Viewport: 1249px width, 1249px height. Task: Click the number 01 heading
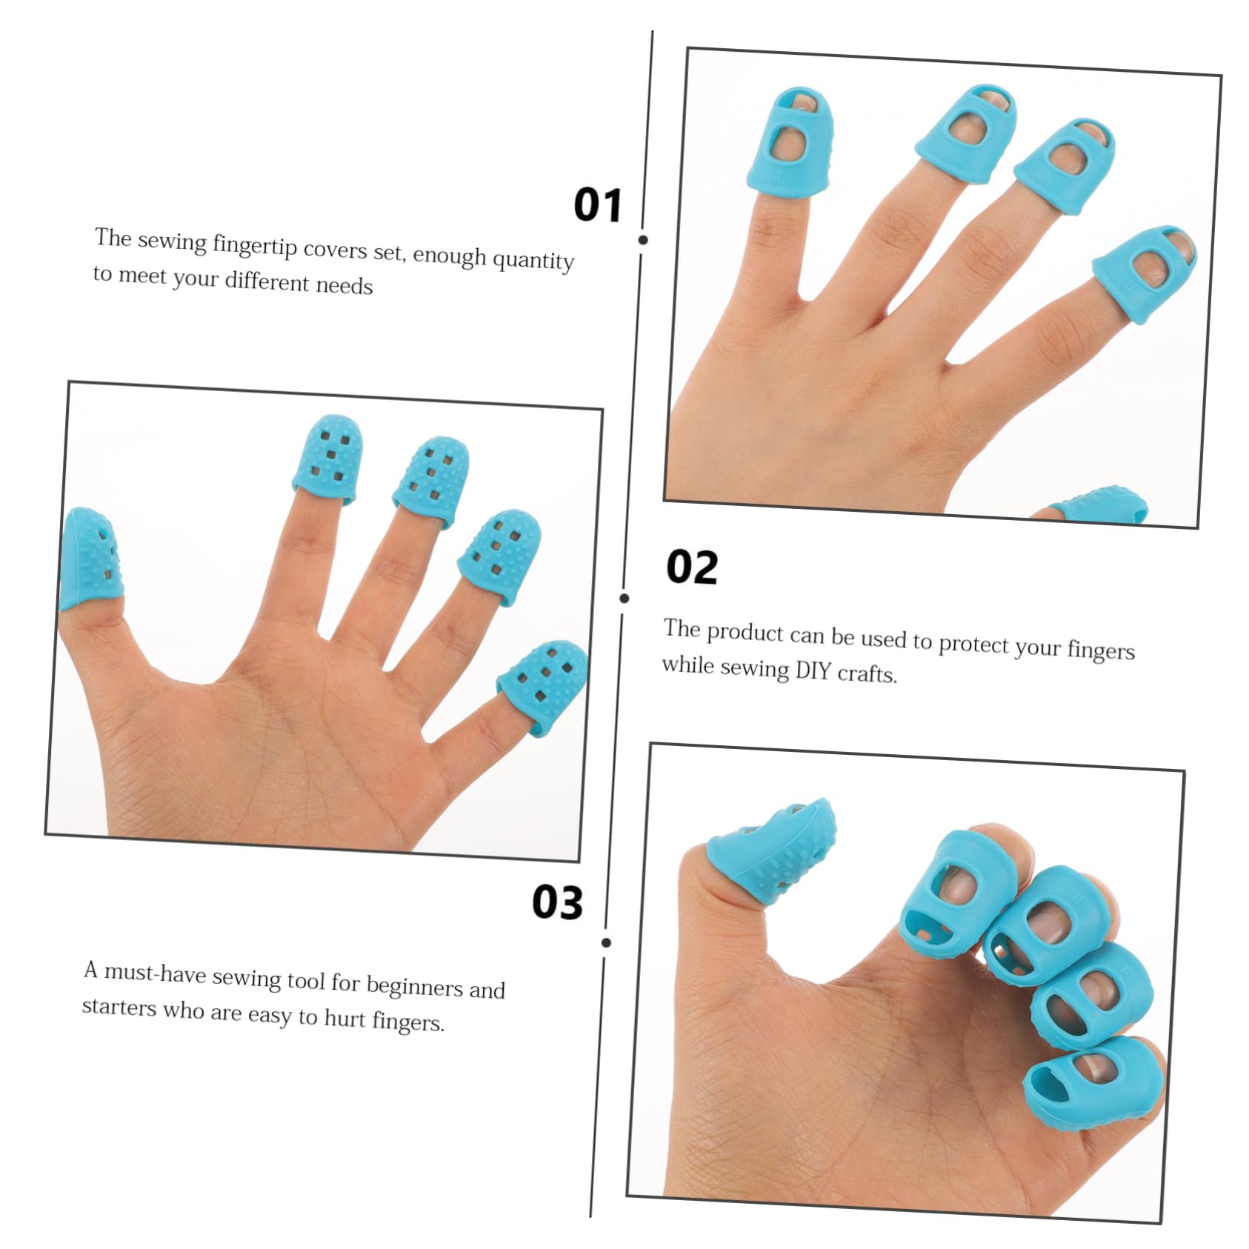(x=597, y=205)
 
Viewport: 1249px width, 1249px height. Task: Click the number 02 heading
(x=692, y=567)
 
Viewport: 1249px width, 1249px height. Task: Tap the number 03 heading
(x=557, y=902)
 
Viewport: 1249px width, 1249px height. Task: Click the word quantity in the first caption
(x=533, y=259)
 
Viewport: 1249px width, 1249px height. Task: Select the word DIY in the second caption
(x=813, y=670)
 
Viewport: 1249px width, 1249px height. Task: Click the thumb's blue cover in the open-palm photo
(x=89, y=559)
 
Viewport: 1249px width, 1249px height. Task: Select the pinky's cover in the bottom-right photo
(x=1095, y=1083)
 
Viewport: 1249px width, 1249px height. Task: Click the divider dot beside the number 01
(x=643, y=240)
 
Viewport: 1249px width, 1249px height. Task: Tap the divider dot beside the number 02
(x=624, y=598)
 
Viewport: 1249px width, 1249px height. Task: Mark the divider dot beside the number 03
(x=607, y=942)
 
